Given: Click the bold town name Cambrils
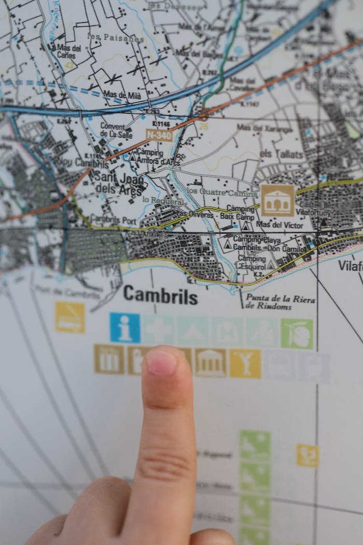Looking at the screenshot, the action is tap(160, 296).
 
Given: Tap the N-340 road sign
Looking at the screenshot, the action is tap(158, 135).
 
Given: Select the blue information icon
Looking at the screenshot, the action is tap(124, 328).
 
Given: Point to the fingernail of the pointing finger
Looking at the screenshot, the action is tap(161, 362).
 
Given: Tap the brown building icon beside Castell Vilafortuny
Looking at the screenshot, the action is tap(277, 200).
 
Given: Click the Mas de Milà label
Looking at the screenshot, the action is tap(122, 94).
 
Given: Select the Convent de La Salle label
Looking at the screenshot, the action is tap(113, 130).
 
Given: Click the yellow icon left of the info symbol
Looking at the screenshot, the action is tap(70, 317).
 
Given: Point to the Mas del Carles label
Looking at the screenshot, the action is tap(68, 52).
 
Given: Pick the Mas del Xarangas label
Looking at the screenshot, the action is tap(264, 128).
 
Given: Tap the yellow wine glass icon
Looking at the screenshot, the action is tap(245, 363).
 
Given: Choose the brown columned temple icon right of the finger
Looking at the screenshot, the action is tap(210, 362).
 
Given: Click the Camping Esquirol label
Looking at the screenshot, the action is tap(252, 262).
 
